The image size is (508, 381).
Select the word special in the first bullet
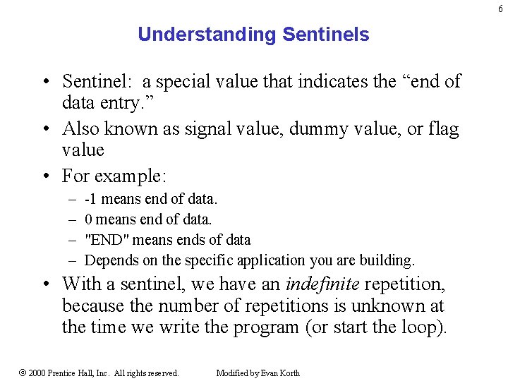[x=185, y=82]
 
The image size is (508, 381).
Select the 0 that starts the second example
[x=88, y=219]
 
